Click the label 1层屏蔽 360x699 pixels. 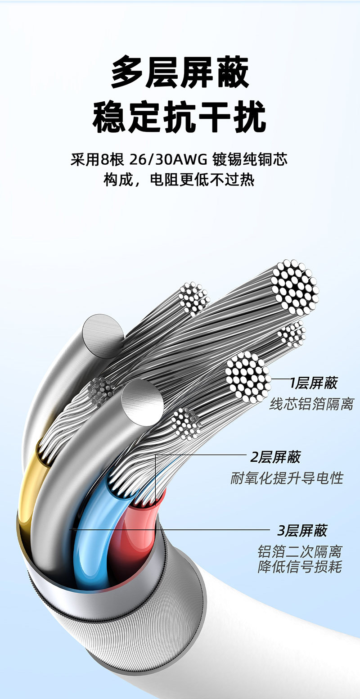314,383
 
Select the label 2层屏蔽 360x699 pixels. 275,457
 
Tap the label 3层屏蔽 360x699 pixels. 302,531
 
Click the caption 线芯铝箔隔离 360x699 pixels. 311,404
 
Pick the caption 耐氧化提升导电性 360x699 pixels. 287,478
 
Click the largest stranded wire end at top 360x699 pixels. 295,287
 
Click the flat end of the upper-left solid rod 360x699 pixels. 103,335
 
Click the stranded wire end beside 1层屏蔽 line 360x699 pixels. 248,376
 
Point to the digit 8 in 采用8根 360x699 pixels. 105,160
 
